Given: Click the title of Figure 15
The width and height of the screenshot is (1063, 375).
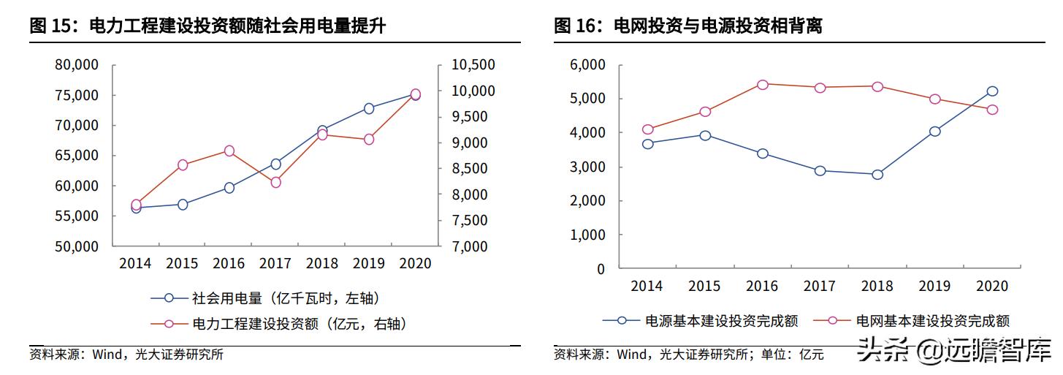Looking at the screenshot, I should click(x=207, y=26).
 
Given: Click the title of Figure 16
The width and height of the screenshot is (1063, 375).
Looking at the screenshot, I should click(x=688, y=26).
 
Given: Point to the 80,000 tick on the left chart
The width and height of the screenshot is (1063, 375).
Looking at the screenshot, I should click(x=77, y=65).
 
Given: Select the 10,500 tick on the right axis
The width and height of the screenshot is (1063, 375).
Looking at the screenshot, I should click(x=473, y=65).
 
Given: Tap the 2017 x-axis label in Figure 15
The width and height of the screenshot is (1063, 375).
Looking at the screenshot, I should click(x=275, y=263).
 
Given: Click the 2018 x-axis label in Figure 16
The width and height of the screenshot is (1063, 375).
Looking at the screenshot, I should click(x=877, y=286).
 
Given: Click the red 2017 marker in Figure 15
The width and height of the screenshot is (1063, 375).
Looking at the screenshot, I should click(x=275, y=182).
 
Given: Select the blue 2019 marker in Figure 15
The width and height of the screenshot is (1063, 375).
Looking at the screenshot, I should click(x=369, y=108).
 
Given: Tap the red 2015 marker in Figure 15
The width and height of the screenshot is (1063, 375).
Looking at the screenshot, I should click(x=183, y=164).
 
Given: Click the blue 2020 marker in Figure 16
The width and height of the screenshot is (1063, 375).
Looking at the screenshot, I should click(x=992, y=91).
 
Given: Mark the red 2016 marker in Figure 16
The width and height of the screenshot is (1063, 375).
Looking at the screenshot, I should click(x=763, y=85).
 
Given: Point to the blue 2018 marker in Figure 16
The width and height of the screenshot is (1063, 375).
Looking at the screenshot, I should click(x=877, y=174).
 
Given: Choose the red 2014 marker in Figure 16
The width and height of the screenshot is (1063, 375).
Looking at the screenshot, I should click(x=647, y=129).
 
